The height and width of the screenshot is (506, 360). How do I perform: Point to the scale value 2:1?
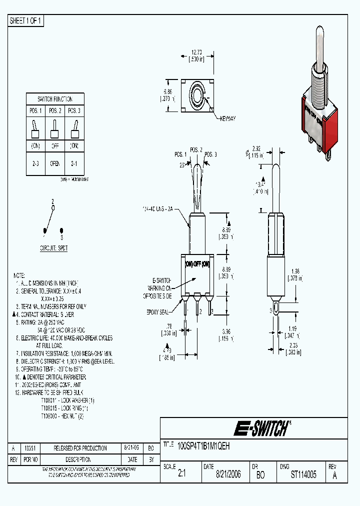(x=181, y=474)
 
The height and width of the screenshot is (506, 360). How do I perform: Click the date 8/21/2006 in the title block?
(x=228, y=474)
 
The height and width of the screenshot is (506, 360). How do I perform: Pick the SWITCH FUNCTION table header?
(x=55, y=99)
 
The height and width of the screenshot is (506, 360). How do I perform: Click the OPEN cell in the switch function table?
(x=55, y=163)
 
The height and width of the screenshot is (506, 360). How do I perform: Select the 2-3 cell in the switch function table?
(x=36, y=163)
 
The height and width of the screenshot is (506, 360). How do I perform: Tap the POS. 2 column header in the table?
(x=55, y=110)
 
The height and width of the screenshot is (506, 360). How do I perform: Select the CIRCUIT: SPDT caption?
(x=54, y=248)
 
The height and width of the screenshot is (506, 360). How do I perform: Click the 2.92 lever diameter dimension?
(x=255, y=149)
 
